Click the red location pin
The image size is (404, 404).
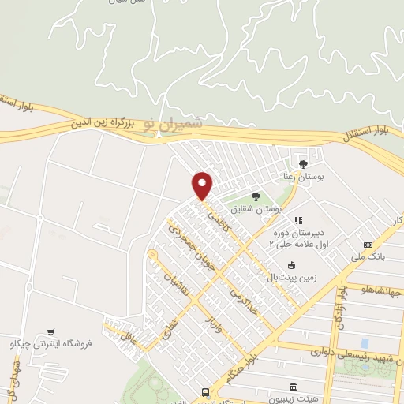pyautogui.click(x=203, y=185)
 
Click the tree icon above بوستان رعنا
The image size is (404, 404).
pyautogui.click(x=303, y=164)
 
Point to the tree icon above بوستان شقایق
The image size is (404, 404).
pyautogui.click(x=254, y=196)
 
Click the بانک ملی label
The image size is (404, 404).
pyautogui.click(x=369, y=257)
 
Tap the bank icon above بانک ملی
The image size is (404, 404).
pyautogui.click(x=368, y=245)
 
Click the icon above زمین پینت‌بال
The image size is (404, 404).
pyautogui.click(x=292, y=265)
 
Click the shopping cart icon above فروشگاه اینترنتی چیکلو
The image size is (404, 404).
pyautogui.click(x=51, y=331)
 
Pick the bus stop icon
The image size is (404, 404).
pyautogui.click(x=207, y=391)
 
